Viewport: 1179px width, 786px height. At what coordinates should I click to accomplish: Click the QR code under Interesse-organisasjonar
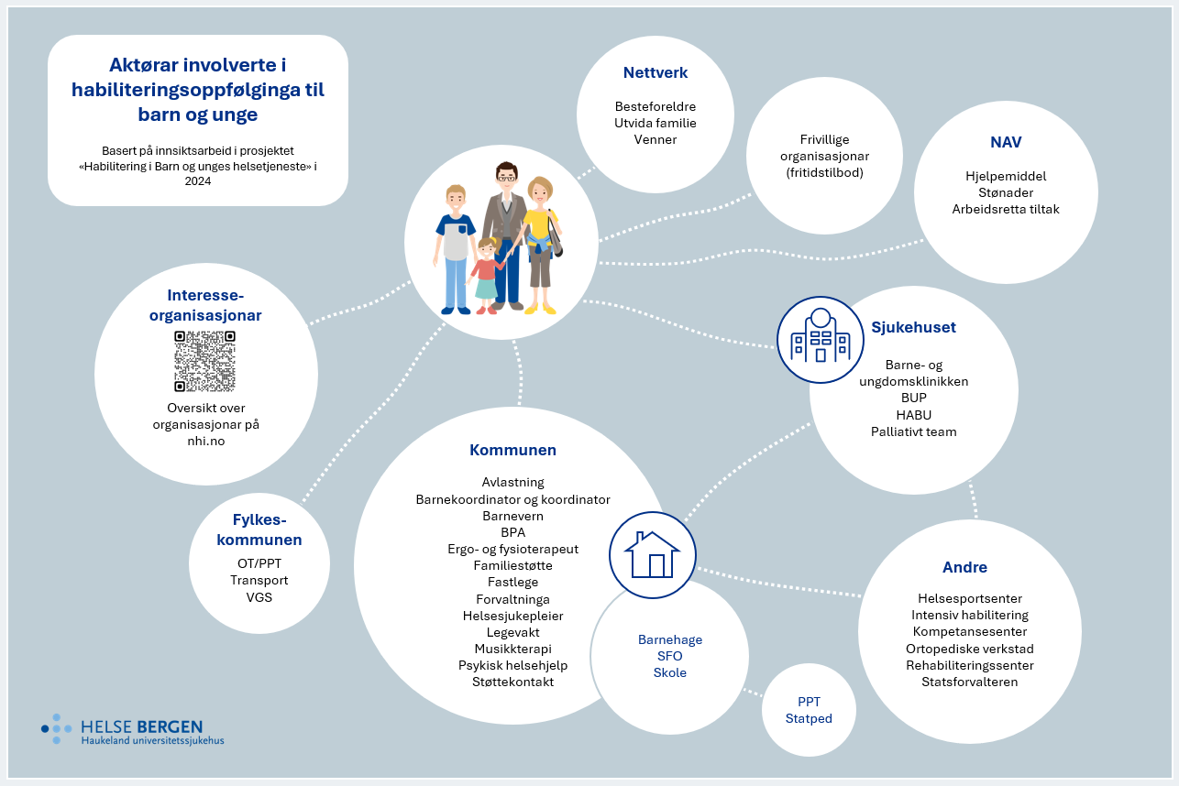click(204, 361)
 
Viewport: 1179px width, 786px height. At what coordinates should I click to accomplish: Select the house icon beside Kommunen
click(652, 554)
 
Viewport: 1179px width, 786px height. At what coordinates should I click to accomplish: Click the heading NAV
click(1006, 142)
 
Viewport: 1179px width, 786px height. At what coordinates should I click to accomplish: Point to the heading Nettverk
click(655, 72)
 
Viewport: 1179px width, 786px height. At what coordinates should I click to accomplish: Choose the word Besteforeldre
click(655, 106)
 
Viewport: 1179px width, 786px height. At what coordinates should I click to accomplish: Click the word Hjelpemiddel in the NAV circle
click(1006, 176)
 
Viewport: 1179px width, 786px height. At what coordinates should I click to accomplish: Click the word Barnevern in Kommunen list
click(512, 516)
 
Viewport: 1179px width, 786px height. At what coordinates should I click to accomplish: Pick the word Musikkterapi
click(512, 649)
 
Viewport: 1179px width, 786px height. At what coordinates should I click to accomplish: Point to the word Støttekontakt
click(512, 682)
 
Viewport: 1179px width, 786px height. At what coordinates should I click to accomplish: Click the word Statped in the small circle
click(809, 718)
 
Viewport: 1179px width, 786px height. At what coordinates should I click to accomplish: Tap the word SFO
click(669, 656)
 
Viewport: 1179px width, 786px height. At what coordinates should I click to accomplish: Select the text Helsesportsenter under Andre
click(969, 599)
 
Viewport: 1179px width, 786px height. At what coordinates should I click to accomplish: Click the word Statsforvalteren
click(969, 682)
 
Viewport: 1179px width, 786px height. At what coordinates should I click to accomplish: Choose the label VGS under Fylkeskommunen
click(259, 597)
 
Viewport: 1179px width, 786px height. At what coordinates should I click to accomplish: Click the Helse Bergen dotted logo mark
click(57, 728)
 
